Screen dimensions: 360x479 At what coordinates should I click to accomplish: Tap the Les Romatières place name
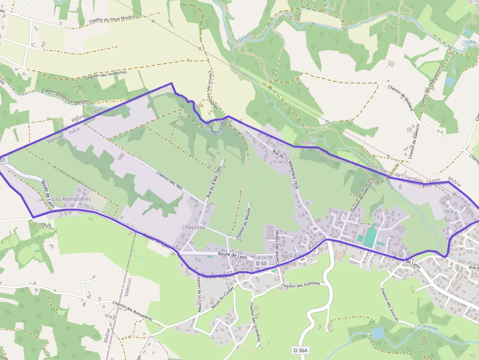point(71,199)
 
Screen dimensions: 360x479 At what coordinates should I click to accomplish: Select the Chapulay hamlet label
point(193,228)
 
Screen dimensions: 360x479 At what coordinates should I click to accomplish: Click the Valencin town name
point(303,256)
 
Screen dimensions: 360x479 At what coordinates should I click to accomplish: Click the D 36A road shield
point(302,350)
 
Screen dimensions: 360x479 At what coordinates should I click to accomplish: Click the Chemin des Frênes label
point(277,244)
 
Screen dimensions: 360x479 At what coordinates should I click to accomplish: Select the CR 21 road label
point(46,225)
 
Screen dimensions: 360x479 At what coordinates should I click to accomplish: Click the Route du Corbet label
point(223,296)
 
